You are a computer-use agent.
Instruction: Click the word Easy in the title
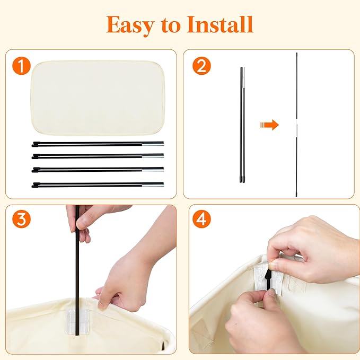(130, 25)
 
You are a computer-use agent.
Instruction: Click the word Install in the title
(220, 24)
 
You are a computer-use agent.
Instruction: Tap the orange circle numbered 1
(21, 66)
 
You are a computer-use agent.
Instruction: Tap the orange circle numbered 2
(201, 66)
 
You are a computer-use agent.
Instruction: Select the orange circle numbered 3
(21, 219)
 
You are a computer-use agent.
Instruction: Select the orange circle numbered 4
(202, 219)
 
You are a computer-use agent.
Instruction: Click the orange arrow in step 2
(269, 125)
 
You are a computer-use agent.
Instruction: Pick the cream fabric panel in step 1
(98, 98)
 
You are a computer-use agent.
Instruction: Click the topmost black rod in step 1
(98, 144)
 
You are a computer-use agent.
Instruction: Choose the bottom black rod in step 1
(98, 185)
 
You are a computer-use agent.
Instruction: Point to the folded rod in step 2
(242, 125)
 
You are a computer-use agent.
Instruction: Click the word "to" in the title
(170, 25)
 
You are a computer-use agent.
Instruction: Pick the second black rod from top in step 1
(98, 156)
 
